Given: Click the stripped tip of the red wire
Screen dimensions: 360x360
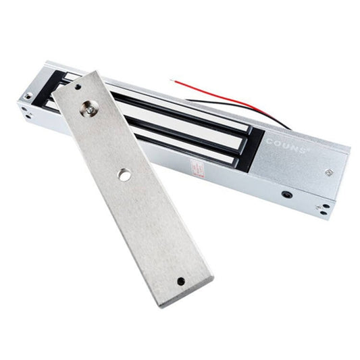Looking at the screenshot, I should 174,80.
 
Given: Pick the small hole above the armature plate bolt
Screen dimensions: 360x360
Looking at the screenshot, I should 78,87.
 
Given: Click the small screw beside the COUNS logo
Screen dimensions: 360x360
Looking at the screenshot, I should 328,172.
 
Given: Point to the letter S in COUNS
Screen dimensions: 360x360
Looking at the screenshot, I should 302,145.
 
